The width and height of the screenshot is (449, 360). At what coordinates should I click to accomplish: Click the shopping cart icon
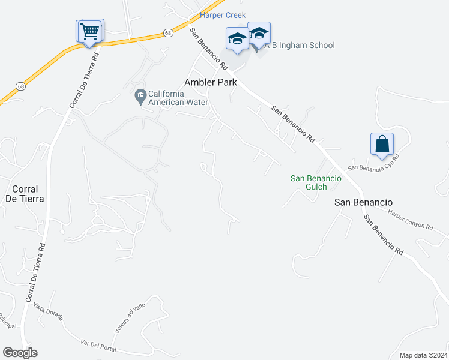[x=89, y=31]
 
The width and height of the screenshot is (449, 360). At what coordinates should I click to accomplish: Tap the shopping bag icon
[x=382, y=144]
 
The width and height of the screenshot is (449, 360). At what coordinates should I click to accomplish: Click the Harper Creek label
[x=223, y=15]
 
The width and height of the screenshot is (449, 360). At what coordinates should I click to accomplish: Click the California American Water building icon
[x=141, y=94]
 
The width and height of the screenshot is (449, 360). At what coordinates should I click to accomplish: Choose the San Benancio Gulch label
[x=316, y=182]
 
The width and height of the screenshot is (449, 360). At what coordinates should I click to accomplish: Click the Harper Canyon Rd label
[x=410, y=220]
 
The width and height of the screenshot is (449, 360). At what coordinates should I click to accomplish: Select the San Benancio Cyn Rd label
[x=374, y=163]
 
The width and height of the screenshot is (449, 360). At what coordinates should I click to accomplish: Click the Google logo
[x=20, y=353]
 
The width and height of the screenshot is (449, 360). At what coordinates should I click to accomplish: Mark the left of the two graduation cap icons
[x=237, y=39]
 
